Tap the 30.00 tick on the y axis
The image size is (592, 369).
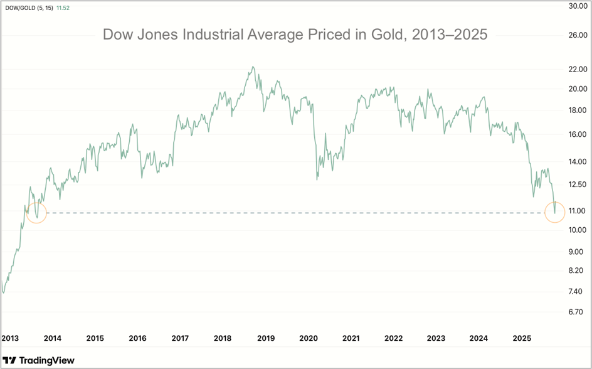point(577,7)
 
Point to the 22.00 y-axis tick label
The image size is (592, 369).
point(577,69)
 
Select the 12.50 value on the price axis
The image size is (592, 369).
point(577,184)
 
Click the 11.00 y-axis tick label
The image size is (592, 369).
point(577,211)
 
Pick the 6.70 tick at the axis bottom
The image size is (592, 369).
point(577,312)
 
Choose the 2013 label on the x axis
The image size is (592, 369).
point(11,339)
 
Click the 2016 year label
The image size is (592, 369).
point(137,339)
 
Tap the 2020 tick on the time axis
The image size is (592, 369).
point(309,339)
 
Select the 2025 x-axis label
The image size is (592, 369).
point(522,339)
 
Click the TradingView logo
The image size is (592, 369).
point(39,360)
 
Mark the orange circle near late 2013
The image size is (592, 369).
point(36,213)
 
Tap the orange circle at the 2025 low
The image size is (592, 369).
point(555,212)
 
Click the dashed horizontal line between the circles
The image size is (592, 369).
point(295,213)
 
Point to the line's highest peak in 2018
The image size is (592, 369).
point(252,67)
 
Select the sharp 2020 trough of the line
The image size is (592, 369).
point(317,179)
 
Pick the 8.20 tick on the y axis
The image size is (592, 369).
point(577,270)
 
